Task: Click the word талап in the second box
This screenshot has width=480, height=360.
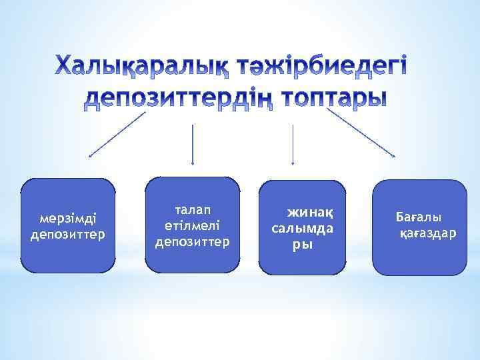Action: [193, 211]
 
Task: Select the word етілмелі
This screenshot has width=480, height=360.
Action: [193, 226]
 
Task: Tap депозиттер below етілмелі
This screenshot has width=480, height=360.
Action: [193, 241]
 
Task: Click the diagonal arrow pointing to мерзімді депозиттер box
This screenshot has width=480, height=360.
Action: [117, 135]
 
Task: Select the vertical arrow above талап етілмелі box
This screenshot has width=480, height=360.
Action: [193, 143]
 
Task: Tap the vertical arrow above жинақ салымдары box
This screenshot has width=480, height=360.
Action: [293, 143]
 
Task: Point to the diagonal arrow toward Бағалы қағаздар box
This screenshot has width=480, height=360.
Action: [363, 135]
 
